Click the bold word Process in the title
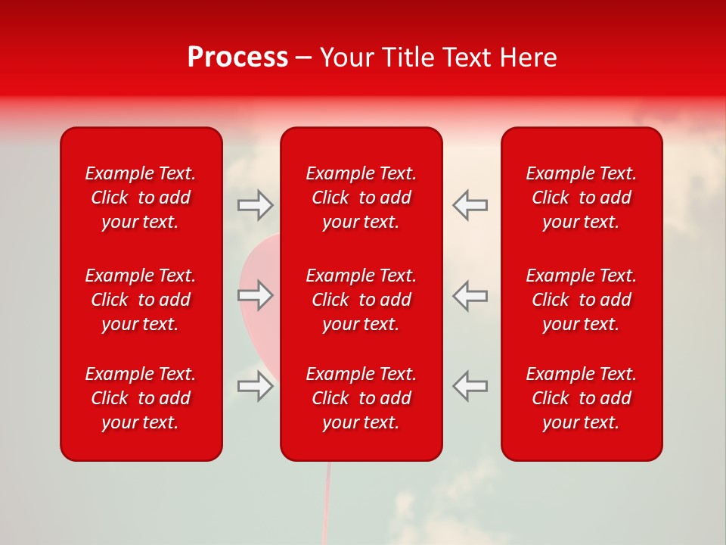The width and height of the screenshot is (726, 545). (237, 58)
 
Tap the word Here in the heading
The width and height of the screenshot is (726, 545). (529, 58)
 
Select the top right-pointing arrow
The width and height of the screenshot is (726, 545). (256, 205)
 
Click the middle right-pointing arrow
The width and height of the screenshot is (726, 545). (256, 295)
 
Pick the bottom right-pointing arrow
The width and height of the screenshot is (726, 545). (256, 386)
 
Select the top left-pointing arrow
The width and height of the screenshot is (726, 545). (470, 204)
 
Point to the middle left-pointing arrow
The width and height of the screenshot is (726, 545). (470, 295)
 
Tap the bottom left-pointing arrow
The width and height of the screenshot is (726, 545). (470, 385)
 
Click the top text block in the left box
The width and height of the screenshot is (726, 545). (141, 198)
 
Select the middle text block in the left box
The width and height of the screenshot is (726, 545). (141, 300)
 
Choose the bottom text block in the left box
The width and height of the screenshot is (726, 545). (141, 398)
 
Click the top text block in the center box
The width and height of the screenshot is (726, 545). (361, 198)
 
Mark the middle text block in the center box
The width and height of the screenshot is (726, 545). (361, 300)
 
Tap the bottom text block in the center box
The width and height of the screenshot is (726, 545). (361, 398)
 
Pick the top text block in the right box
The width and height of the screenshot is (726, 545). (582, 198)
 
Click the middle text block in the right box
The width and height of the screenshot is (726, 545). (582, 300)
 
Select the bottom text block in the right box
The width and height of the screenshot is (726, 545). (582, 398)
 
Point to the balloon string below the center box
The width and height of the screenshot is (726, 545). (327, 500)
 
